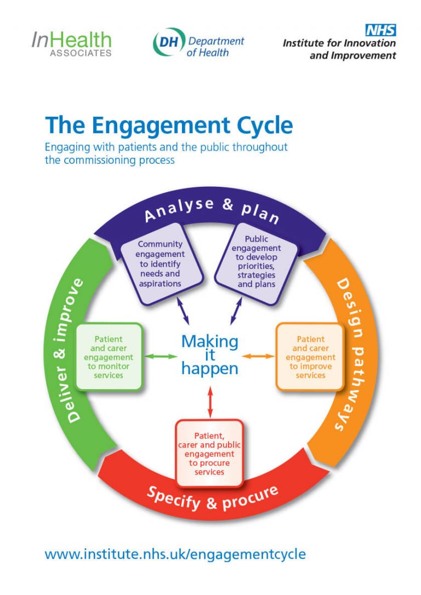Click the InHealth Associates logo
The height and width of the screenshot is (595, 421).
(x=71, y=43)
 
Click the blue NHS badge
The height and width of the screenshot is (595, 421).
(x=380, y=30)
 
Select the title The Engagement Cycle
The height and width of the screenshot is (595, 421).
(x=169, y=125)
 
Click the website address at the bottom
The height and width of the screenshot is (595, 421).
(x=175, y=554)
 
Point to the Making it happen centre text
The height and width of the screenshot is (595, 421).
(x=209, y=355)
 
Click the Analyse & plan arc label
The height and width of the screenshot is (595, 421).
(x=211, y=210)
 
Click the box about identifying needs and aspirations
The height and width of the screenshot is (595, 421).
(x=160, y=264)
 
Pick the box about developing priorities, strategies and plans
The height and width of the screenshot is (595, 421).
(x=257, y=262)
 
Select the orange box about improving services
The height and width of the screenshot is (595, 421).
(x=310, y=357)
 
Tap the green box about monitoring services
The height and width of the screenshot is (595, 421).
(x=109, y=357)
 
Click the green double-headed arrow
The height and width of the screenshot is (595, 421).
(x=161, y=357)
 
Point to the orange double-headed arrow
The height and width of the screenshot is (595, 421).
(x=258, y=357)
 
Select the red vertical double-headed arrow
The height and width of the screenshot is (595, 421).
(x=210, y=402)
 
